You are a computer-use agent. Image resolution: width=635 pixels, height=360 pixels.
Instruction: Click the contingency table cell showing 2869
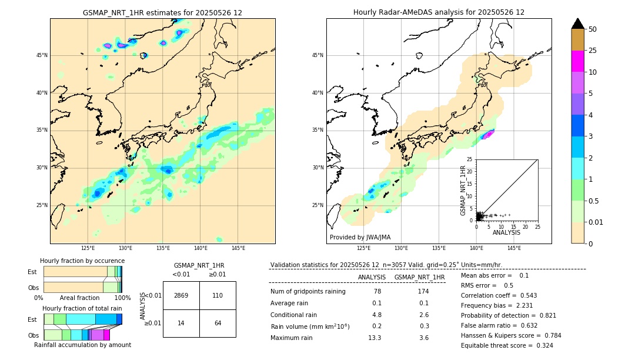coord(181,295)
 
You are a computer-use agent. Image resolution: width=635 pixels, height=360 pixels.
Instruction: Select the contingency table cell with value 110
coord(218,295)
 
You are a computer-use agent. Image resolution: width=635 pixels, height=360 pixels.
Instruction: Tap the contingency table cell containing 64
coord(218,323)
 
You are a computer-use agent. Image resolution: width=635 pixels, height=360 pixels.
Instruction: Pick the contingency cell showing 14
coord(181,323)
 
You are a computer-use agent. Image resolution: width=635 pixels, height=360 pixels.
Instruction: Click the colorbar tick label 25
coord(593,51)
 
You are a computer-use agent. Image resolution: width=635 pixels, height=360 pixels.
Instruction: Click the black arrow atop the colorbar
coord(578,24)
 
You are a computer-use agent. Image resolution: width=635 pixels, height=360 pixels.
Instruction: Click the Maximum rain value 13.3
coord(375,338)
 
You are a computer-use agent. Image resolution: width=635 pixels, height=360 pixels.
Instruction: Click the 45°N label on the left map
coord(42,55)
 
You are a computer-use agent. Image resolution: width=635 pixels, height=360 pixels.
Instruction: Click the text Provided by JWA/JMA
coord(360,238)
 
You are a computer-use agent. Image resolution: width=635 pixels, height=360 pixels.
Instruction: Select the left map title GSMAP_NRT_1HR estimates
coord(162,12)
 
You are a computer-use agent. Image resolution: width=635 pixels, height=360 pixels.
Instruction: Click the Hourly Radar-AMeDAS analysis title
coord(439,12)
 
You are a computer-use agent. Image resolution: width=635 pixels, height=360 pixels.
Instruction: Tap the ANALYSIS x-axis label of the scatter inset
coord(506,232)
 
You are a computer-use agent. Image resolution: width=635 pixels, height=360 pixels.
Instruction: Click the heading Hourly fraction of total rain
coord(82,308)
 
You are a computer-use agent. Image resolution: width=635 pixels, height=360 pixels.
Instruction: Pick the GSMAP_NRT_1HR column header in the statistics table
coord(419,277)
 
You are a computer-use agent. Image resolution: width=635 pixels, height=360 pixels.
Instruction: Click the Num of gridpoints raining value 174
coord(423,291)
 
